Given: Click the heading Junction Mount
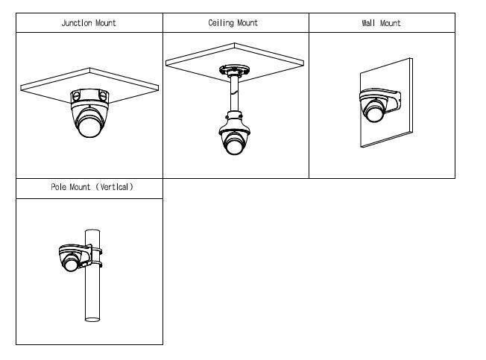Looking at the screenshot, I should [x=89, y=23].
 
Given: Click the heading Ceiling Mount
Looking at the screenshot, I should [x=233, y=23].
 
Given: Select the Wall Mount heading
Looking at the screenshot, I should [x=381, y=23].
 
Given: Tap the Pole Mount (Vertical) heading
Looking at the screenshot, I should [x=92, y=187].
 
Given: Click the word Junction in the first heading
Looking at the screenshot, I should [x=78, y=23].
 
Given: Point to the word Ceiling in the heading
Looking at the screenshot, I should [x=221, y=23].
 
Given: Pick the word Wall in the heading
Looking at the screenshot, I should [x=368, y=23].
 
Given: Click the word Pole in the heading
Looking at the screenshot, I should [x=59, y=187].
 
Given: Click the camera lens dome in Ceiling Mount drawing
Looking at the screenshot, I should [x=235, y=145].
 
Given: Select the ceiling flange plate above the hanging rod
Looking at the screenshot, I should [x=234, y=69].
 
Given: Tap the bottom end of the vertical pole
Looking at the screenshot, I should [x=92, y=318].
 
